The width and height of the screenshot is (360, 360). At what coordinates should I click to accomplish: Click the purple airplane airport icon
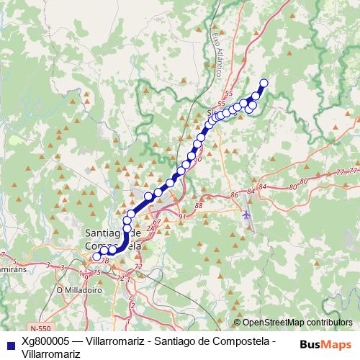(247, 215)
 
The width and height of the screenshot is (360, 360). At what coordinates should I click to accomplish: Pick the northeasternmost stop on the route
(264, 83)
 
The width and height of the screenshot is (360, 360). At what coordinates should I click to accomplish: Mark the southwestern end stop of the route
(96, 256)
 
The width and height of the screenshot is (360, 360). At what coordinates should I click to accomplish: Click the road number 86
(234, 195)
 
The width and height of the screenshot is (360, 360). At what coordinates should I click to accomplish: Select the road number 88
(199, 207)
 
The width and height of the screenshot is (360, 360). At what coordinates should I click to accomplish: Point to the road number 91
(182, 217)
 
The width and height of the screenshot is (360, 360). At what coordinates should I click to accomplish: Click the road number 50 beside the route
(197, 161)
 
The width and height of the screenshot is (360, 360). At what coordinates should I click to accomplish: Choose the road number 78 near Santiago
(105, 260)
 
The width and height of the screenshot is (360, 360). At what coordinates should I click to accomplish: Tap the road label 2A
(150, 228)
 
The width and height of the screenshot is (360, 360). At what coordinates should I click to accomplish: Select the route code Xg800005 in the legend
(45, 340)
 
